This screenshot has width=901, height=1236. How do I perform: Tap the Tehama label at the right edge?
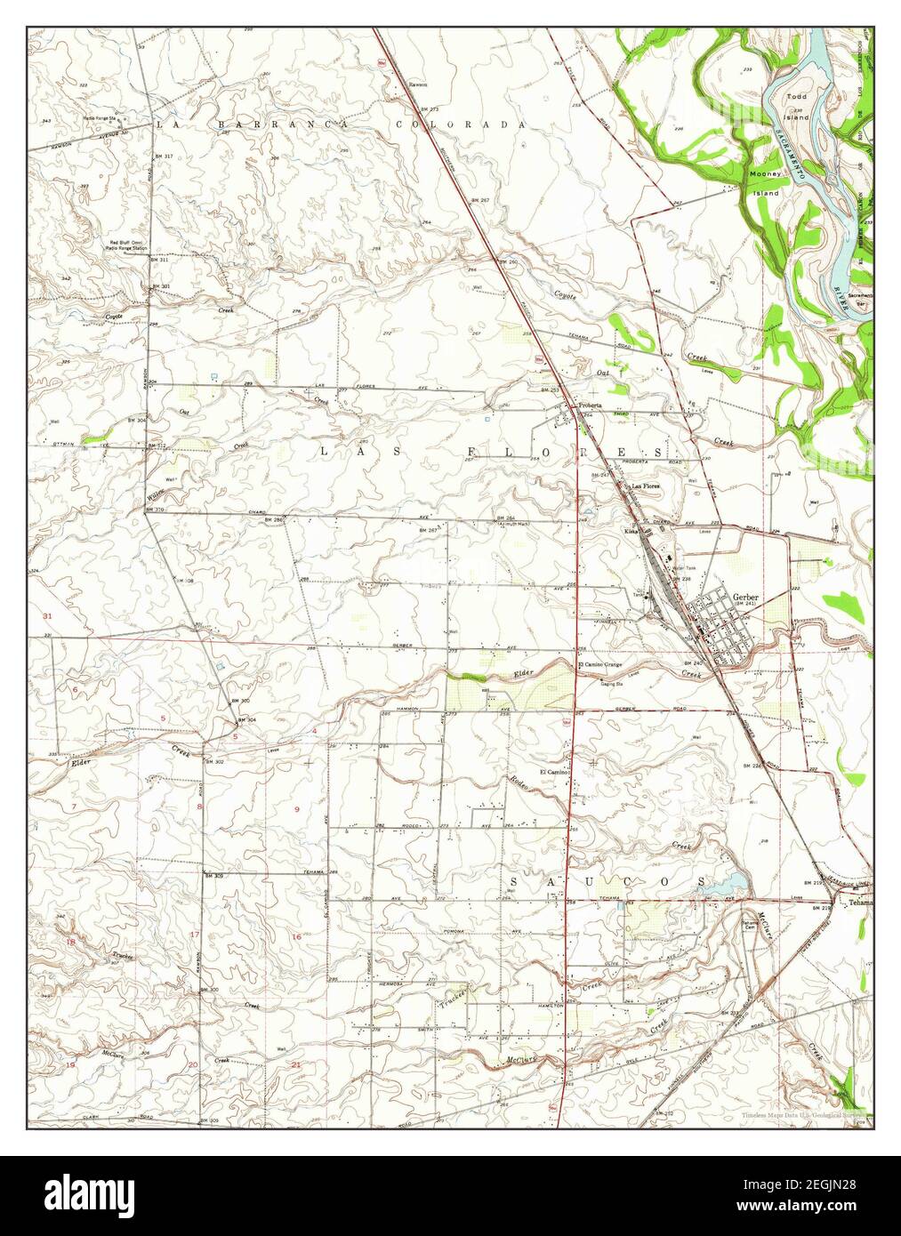861,903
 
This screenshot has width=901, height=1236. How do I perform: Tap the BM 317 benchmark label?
163,156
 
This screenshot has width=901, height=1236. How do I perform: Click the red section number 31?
47,616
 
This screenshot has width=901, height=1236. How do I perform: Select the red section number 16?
296,936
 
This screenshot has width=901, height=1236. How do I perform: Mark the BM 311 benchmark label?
159,260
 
